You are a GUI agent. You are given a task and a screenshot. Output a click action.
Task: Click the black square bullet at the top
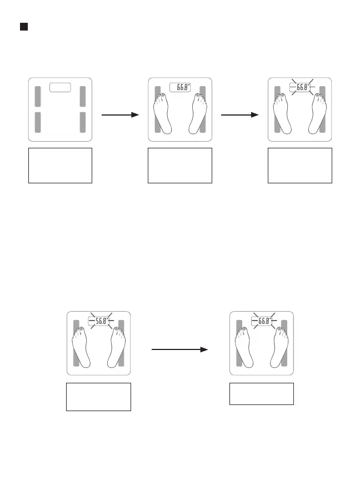click(x=24, y=27)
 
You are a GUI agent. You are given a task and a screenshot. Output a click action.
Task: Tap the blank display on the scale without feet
click(x=61, y=87)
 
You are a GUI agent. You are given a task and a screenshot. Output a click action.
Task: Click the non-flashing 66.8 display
click(x=180, y=87)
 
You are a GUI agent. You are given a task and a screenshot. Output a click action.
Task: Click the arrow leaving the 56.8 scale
click(x=179, y=350)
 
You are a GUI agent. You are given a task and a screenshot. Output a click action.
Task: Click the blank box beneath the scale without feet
click(x=60, y=165)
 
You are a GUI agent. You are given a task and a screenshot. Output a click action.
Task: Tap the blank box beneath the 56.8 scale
click(x=98, y=396)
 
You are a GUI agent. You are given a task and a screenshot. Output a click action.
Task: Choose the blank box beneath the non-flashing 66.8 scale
click(x=180, y=165)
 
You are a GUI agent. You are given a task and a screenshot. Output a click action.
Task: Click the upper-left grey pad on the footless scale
click(x=38, y=96)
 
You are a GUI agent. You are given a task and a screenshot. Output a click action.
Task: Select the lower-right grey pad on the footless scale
click(x=83, y=122)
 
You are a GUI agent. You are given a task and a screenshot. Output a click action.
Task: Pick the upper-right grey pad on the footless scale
click(x=83, y=96)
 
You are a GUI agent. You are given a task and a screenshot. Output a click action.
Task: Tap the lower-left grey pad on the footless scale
click(x=38, y=122)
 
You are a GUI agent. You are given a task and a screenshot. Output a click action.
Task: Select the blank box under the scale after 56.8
click(x=262, y=394)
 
